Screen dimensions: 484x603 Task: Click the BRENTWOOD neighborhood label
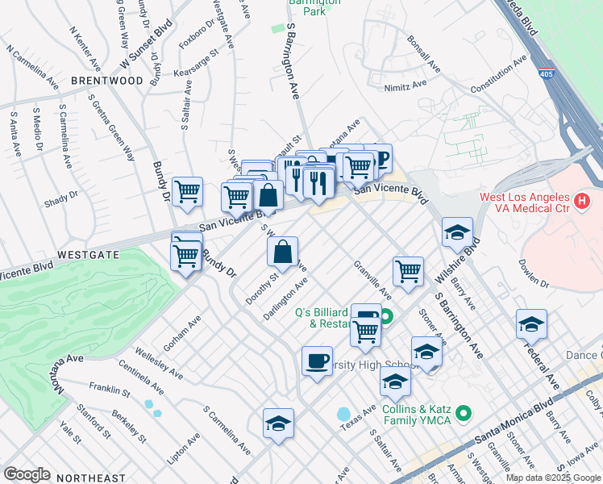click(x=106, y=81)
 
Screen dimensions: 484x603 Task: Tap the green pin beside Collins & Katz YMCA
click(x=463, y=415)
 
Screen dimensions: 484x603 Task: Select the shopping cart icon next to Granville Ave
click(x=409, y=272)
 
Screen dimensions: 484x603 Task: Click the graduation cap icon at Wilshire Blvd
click(x=457, y=233)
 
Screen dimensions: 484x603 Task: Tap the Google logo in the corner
click(x=27, y=474)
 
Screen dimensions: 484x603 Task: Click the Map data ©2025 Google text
click(x=553, y=478)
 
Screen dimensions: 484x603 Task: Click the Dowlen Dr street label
click(x=533, y=278)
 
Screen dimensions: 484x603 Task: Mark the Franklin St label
click(x=110, y=390)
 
